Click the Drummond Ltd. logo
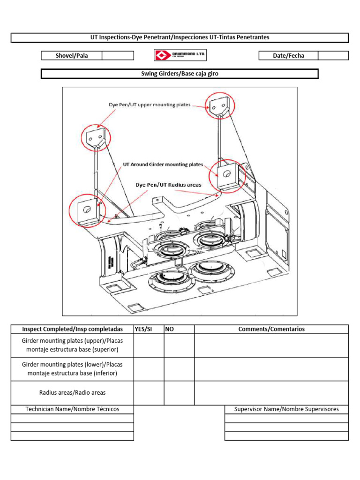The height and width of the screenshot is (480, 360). (180, 55)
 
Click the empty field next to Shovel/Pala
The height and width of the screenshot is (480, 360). (118, 55)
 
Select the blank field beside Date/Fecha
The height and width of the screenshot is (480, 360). (333, 55)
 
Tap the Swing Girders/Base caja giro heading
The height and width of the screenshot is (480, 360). (180, 74)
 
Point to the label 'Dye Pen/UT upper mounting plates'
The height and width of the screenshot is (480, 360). (150, 105)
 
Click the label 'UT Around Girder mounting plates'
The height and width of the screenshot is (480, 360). (163, 165)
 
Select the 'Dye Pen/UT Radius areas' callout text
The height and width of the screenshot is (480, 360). (168, 185)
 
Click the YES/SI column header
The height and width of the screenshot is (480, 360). (143, 329)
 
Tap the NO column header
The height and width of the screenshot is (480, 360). (169, 329)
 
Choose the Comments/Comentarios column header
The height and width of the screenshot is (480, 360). (271, 329)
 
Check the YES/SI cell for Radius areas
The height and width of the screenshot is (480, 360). (149, 393)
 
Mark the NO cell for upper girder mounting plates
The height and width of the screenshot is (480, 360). (179, 345)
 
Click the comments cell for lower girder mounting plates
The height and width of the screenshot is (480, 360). (271, 369)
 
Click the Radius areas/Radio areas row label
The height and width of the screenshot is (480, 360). (72, 393)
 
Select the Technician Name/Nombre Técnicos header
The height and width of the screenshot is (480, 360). (72, 409)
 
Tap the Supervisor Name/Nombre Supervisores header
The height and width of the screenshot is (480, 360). (286, 409)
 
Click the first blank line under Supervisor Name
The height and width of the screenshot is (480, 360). (286, 419)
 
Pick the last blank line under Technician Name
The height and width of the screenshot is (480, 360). (72, 436)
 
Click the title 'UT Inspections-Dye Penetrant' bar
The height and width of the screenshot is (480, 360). (180, 37)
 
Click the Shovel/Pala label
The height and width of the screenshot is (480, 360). (72, 56)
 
